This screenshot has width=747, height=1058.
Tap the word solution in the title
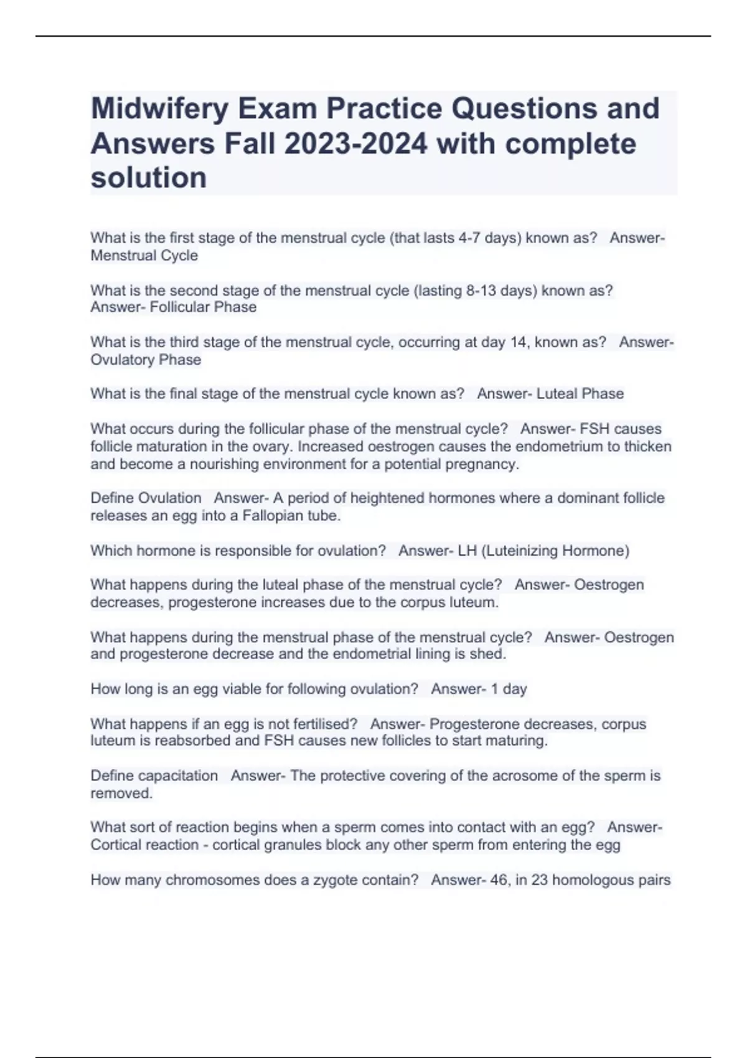(149, 178)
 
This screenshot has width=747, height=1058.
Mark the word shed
(491, 654)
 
